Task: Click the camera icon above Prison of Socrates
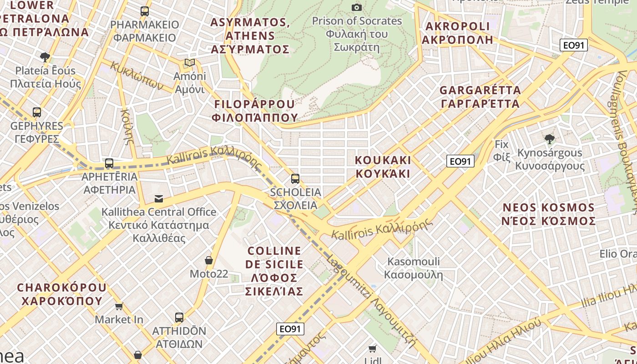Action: [x=357, y=7]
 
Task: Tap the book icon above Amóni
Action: [x=190, y=63]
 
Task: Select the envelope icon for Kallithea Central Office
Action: [x=159, y=198]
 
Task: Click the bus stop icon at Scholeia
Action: [x=295, y=179]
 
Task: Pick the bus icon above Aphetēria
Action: [x=109, y=163]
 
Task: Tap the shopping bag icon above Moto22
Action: [x=209, y=260]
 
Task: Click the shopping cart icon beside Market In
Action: [x=119, y=306]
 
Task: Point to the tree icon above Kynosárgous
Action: [x=550, y=139]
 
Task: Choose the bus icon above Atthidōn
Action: [x=179, y=318]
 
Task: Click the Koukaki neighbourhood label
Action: [x=383, y=167]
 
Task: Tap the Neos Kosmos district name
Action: [x=549, y=214]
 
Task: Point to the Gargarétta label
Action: [x=480, y=97]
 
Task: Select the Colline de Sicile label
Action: [x=274, y=271]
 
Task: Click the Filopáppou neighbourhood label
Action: [x=255, y=111]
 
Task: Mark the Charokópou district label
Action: [x=61, y=294]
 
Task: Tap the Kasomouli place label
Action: [x=413, y=268]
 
